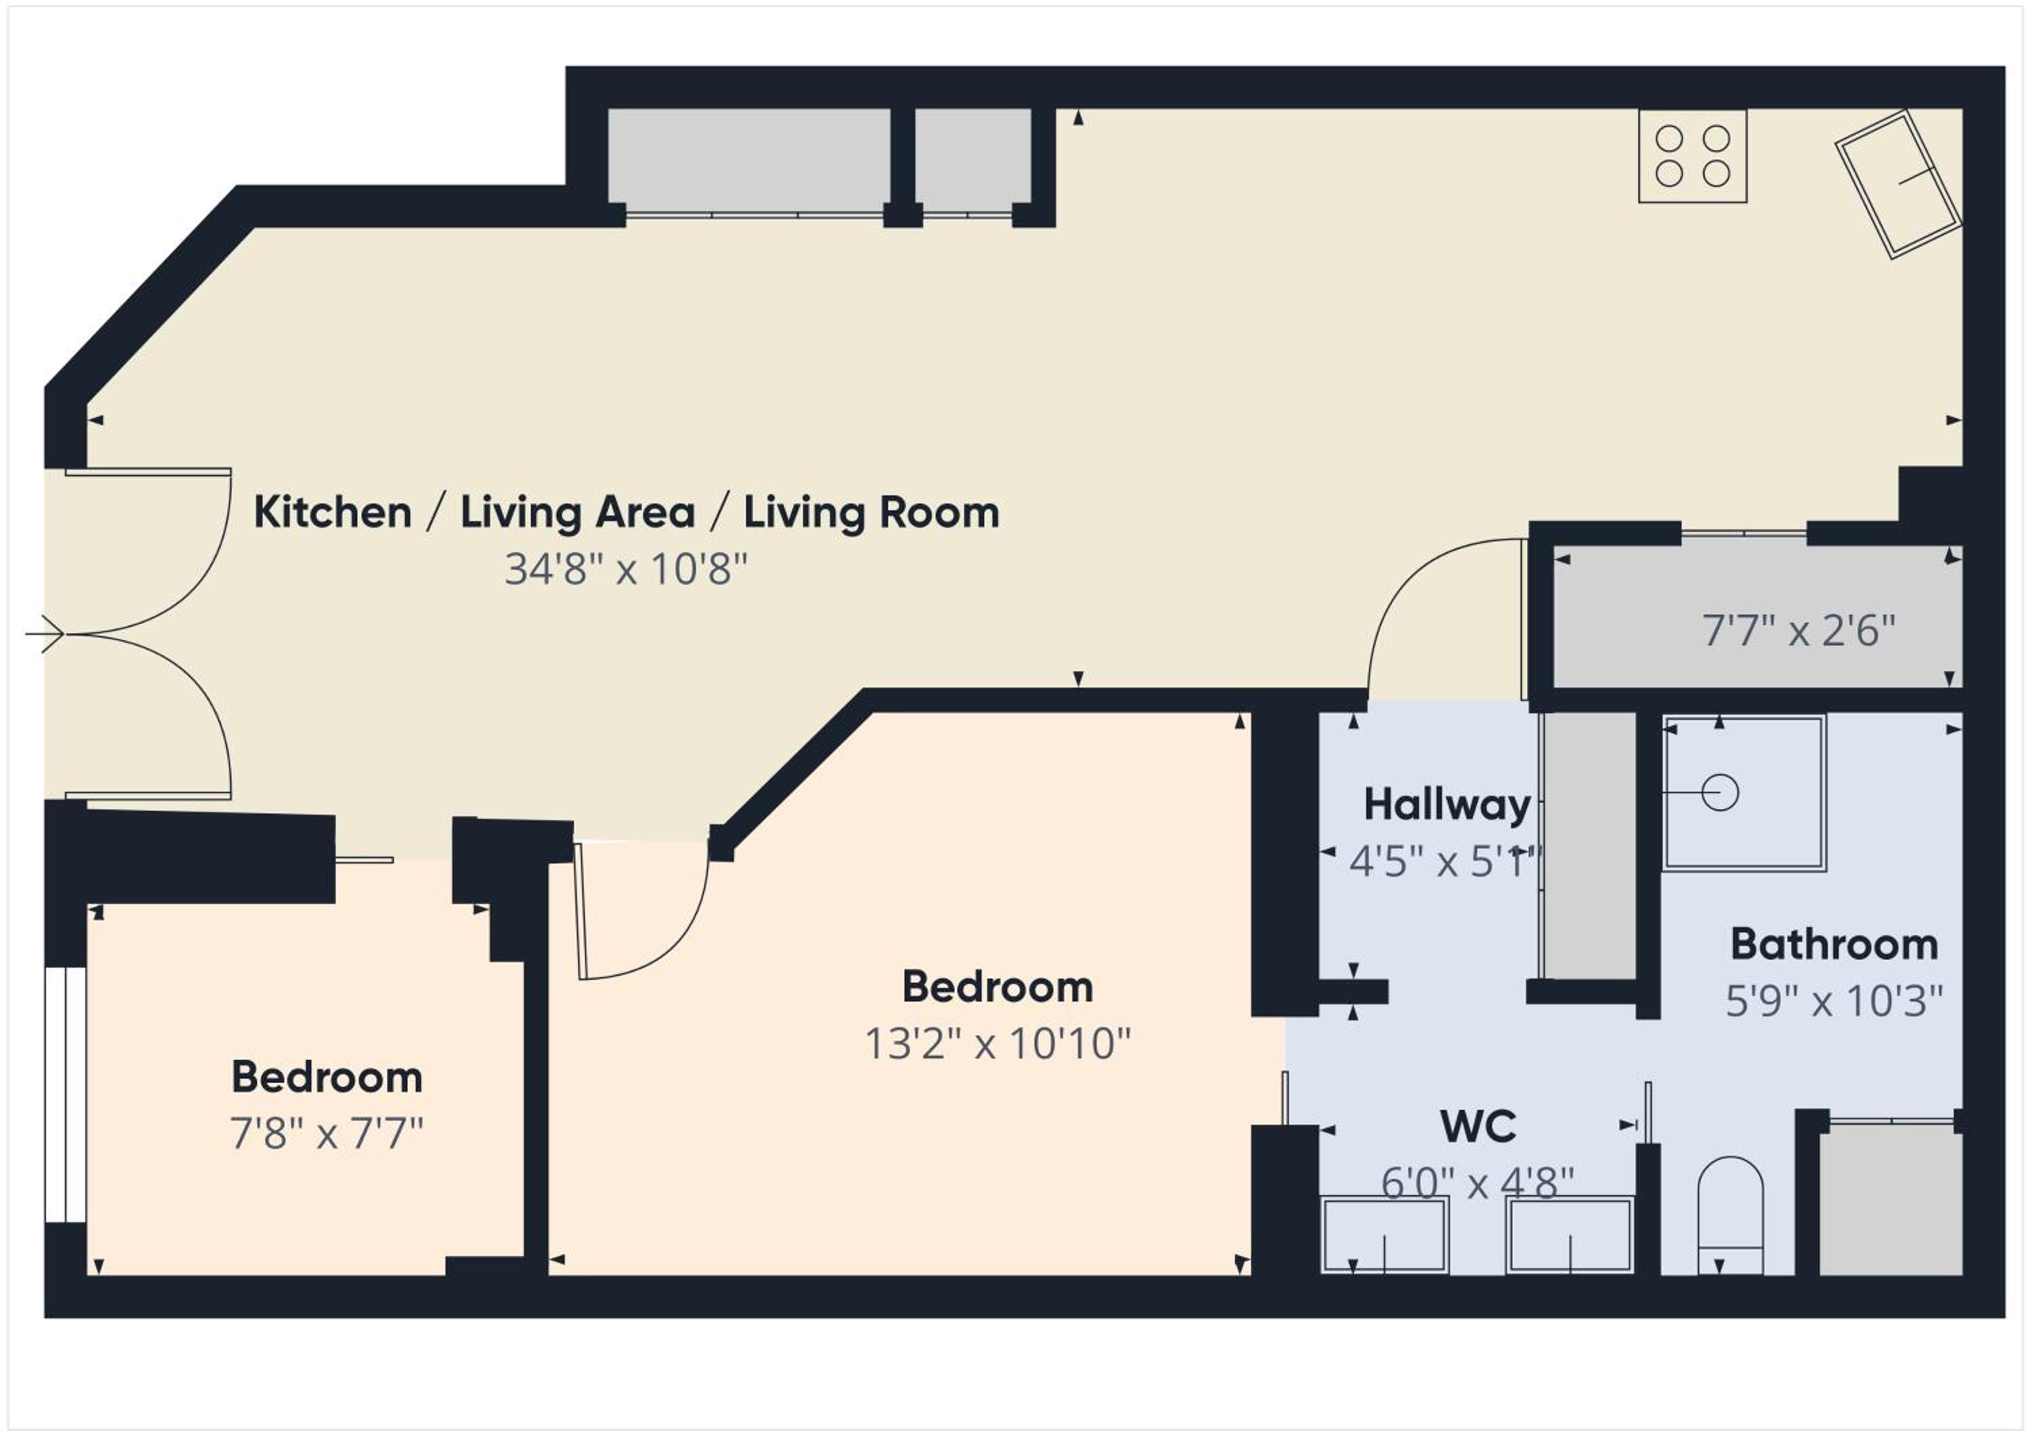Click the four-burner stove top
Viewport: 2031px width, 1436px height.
(x=1693, y=156)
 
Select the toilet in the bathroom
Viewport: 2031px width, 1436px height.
(x=1731, y=1215)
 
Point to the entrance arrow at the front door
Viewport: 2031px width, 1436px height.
(x=44, y=634)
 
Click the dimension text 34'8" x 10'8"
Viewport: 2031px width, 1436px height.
(x=626, y=569)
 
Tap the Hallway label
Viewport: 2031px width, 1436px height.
(x=1447, y=805)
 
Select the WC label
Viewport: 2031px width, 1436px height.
(x=1478, y=1127)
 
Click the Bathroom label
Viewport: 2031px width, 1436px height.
(x=1834, y=945)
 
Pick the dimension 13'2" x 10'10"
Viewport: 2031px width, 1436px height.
(x=998, y=1044)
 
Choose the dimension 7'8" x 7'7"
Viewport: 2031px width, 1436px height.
(x=326, y=1134)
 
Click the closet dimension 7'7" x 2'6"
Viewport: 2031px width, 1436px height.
(x=1798, y=631)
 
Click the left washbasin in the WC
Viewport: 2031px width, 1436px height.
(x=1384, y=1235)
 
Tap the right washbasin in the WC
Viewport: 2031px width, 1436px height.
(x=1570, y=1235)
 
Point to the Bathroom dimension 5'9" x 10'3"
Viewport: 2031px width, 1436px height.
(x=1834, y=1002)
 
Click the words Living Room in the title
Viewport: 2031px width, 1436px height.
(x=871, y=513)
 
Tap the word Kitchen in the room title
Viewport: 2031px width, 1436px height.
(x=332, y=513)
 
